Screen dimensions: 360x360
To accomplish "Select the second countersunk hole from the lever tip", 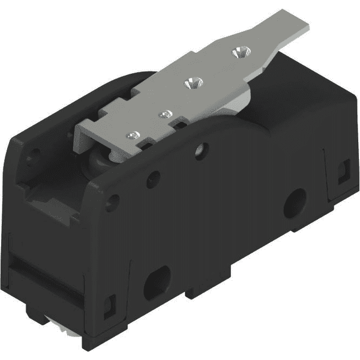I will pos(194,82).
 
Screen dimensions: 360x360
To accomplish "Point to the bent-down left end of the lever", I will pos(80,136).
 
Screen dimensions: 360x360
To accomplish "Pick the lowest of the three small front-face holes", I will pos(111,202).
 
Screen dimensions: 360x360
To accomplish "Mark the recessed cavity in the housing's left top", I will pos(51,198).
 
